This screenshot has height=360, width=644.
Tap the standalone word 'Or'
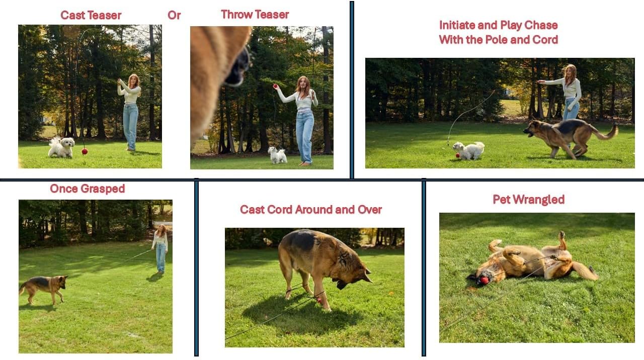pos(174,15)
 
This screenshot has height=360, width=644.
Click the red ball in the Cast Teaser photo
pos(85,151)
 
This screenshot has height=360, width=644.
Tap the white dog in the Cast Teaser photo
pos(61,147)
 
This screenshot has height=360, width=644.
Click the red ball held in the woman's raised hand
pos(275,86)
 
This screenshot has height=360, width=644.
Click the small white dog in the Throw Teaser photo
pos(277,155)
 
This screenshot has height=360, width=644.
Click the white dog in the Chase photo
pos(468,150)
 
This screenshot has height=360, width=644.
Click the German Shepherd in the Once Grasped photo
pos(44,289)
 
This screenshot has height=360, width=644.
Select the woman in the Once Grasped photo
pos(160,249)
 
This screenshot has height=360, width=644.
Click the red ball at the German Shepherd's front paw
pos(319,301)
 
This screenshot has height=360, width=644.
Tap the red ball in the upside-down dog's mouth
pos(485,280)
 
